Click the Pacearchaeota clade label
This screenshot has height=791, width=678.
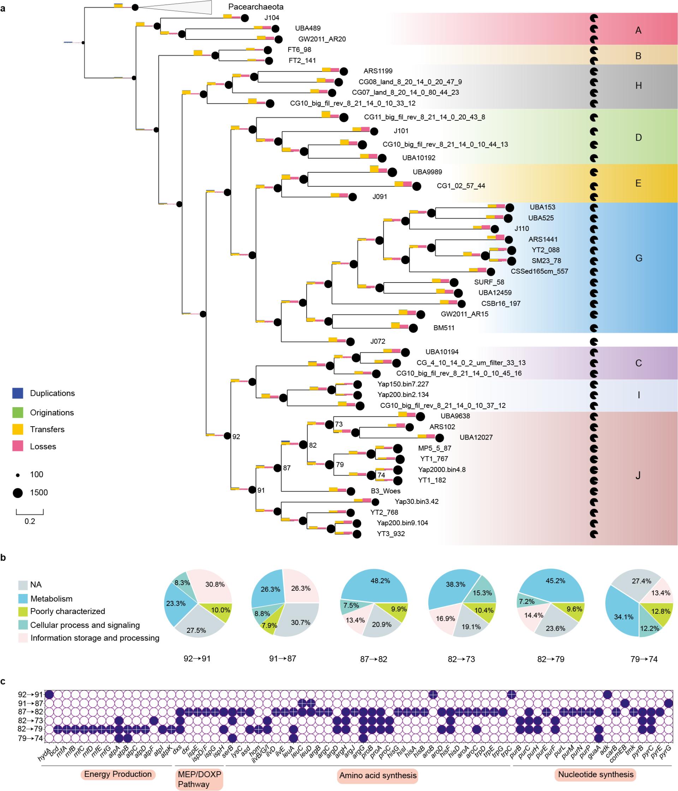click(256, 7)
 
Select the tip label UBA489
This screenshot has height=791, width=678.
click(308, 28)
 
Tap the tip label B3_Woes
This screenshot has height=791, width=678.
click(386, 491)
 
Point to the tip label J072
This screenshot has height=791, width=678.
click(377, 341)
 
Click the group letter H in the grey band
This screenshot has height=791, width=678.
click(638, 86)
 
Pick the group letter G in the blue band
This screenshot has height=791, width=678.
click(639, 258)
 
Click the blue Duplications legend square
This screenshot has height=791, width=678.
click(18, 393)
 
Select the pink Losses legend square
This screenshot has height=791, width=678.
click(18, 446)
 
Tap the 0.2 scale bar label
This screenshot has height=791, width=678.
click(30, 522)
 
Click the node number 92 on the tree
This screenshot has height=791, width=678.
click(236, 437)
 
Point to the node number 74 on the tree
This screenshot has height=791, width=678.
click(381, 475)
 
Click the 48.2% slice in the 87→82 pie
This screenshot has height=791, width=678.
click(380, 581)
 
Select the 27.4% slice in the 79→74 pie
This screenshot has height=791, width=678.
click(641, 581)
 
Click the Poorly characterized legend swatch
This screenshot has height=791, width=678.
click(23, 611)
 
